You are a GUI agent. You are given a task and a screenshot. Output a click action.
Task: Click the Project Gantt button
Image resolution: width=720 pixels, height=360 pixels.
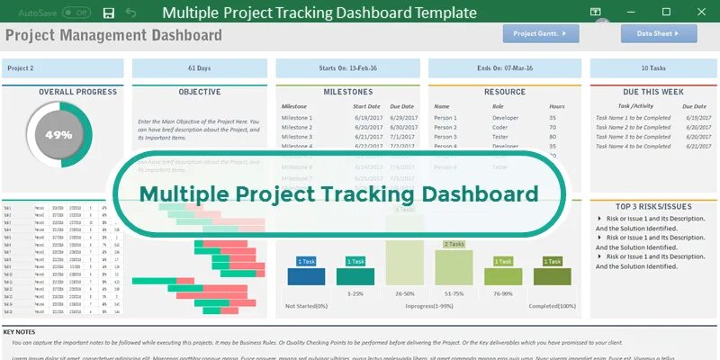pyautogui.click(x=540, y=34)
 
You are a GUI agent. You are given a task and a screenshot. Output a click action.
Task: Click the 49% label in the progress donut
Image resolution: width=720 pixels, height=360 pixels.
pyautogui.click(x=58, y=135)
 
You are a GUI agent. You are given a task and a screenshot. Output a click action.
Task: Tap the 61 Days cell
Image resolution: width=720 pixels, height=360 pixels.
pyautogui.click(x=200, y=68)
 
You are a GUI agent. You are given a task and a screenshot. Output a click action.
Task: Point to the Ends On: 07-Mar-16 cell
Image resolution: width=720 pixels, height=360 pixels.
pyautogui.click(x=504, y=68)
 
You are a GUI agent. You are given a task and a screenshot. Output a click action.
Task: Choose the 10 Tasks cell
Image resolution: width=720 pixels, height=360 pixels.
pyautogui.click(x=653, y=68)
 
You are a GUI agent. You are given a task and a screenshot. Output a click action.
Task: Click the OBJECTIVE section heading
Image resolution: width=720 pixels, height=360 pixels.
pyautogui.click(x=200, y=92)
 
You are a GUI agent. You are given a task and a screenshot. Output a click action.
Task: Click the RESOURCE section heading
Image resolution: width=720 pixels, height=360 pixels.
pyautogui.click(x=504, y=92)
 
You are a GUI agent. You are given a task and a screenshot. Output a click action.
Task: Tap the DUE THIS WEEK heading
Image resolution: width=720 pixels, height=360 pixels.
pyautogui.click(x=653, y=92)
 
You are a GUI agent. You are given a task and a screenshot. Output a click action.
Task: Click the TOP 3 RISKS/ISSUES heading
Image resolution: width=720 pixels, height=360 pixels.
pyautogui.click(x=653, y=206)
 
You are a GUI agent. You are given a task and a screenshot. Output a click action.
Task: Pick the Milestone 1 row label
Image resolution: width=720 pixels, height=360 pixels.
pyautogui.click(x=297, y=118)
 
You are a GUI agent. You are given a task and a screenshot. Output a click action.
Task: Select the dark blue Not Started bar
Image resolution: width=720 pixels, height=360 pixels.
pyautogui.click(x=306, y=275)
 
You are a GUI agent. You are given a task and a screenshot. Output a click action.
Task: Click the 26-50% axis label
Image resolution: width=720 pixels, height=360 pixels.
pyautogui.click(x=404, y=293)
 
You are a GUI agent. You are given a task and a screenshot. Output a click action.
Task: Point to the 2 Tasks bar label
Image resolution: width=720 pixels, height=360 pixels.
pyautogui.click(x=454, y=244)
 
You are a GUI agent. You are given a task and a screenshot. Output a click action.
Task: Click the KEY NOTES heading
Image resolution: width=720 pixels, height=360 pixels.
pyautogui.click(x=20, y=332)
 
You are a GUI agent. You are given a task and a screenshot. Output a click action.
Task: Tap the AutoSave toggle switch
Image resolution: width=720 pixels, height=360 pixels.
pyautogui.click(x=76, y=13)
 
